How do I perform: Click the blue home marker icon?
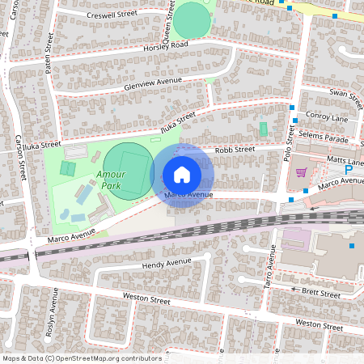coord(181,174)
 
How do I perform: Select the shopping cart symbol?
coord(302,171)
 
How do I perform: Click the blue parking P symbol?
coord(349,171)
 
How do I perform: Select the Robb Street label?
coord(234,150)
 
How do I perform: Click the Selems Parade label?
coord(324,138)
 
